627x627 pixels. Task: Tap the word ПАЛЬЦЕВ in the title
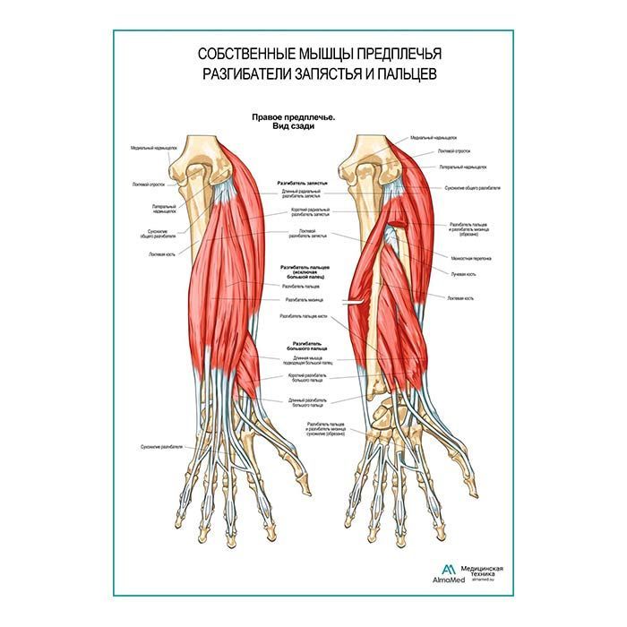tap(399, 74)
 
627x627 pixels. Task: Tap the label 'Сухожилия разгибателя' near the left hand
tap(161, 445)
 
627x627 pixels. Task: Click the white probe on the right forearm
tap(358, 303)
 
